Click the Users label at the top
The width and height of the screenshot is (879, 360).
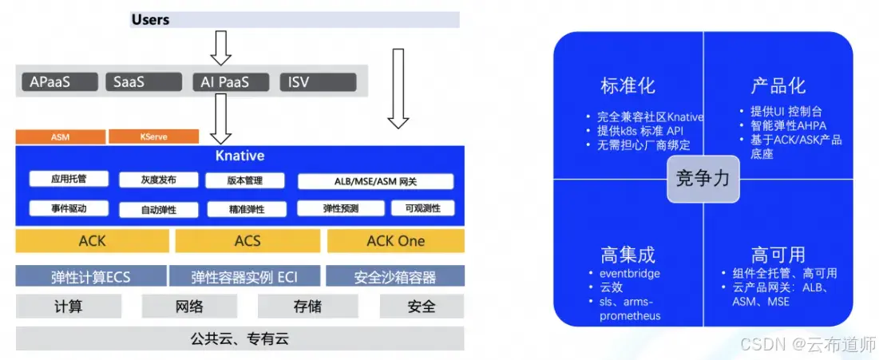tap(150, 19)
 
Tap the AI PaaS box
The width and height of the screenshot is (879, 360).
tap(222, 81)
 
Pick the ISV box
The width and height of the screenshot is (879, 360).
tap(317, 81)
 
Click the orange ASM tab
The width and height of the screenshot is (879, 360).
tap(60, 136)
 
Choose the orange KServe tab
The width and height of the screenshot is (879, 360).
tap(153, 136)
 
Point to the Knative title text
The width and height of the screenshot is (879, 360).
tap(240, 156)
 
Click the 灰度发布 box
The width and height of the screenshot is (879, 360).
tap(158, 180)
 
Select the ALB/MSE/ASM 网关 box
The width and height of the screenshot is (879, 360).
tap(375, 181)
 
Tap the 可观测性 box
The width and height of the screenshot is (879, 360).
tap(422, 209)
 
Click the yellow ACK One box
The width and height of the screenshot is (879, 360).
tap(395, 241)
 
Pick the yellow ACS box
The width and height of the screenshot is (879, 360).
tap(247, 241)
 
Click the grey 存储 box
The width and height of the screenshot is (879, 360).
tap(307, 307)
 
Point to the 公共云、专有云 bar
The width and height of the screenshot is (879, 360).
tap(240, 339)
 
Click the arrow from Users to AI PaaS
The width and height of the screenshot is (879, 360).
tap(220, 49)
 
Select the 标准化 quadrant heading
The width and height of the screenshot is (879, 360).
tap(628, 85)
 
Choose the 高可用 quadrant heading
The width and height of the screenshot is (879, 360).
tap(777, 255)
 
